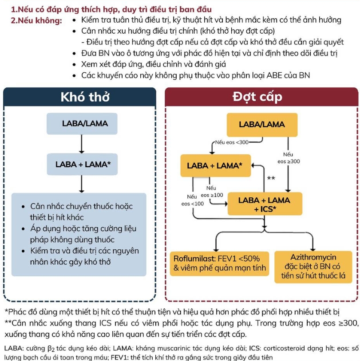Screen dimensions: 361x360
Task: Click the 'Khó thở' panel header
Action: tap(80, 97)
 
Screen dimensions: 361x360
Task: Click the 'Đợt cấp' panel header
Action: tap(261, 97)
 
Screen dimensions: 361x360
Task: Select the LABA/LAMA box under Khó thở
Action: tap(82, 123)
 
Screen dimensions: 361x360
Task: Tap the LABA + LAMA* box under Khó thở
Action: tap(82, 164)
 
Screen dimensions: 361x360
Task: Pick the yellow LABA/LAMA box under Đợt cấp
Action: tap(262, 124)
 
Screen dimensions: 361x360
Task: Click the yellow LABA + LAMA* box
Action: tap(215, 165)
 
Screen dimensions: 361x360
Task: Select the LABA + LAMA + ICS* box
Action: tap(264, 204)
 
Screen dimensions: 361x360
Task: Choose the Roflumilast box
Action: tap(219, 263)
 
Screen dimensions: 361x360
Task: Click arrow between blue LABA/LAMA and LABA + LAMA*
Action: tap(82, 144)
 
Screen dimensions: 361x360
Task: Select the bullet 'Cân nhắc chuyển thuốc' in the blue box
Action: tap(81, 207)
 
